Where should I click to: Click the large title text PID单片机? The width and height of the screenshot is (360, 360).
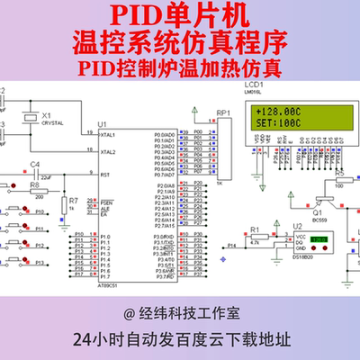179,15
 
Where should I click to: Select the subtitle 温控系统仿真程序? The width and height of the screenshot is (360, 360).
179,42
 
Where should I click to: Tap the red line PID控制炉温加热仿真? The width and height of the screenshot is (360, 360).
179,67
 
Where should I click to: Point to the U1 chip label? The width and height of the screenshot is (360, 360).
102,123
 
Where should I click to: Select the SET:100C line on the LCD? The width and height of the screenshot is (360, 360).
277,124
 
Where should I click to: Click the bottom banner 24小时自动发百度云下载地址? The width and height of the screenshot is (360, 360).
179,341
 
